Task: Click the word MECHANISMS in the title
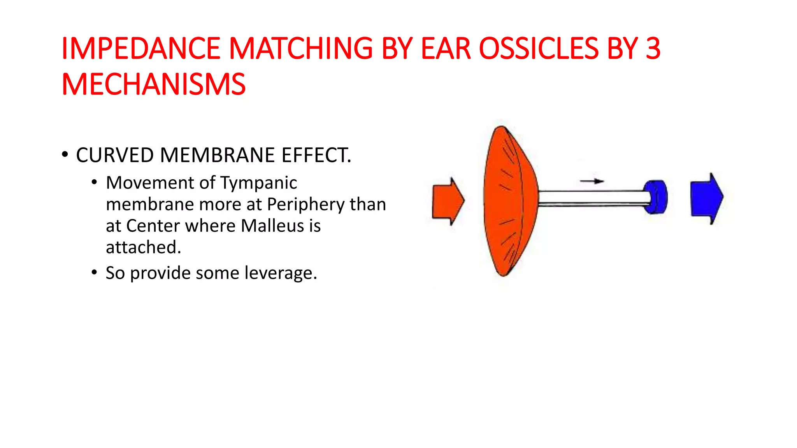(x=154, y=84)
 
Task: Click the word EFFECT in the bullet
(x=315, y=155)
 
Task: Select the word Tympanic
(x=258, y=183)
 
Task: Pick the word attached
(x=143, y=247)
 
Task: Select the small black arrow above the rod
(x=592, y=181)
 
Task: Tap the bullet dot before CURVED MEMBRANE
(x=65, y=155)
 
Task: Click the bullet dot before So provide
(x=94, y=272)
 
